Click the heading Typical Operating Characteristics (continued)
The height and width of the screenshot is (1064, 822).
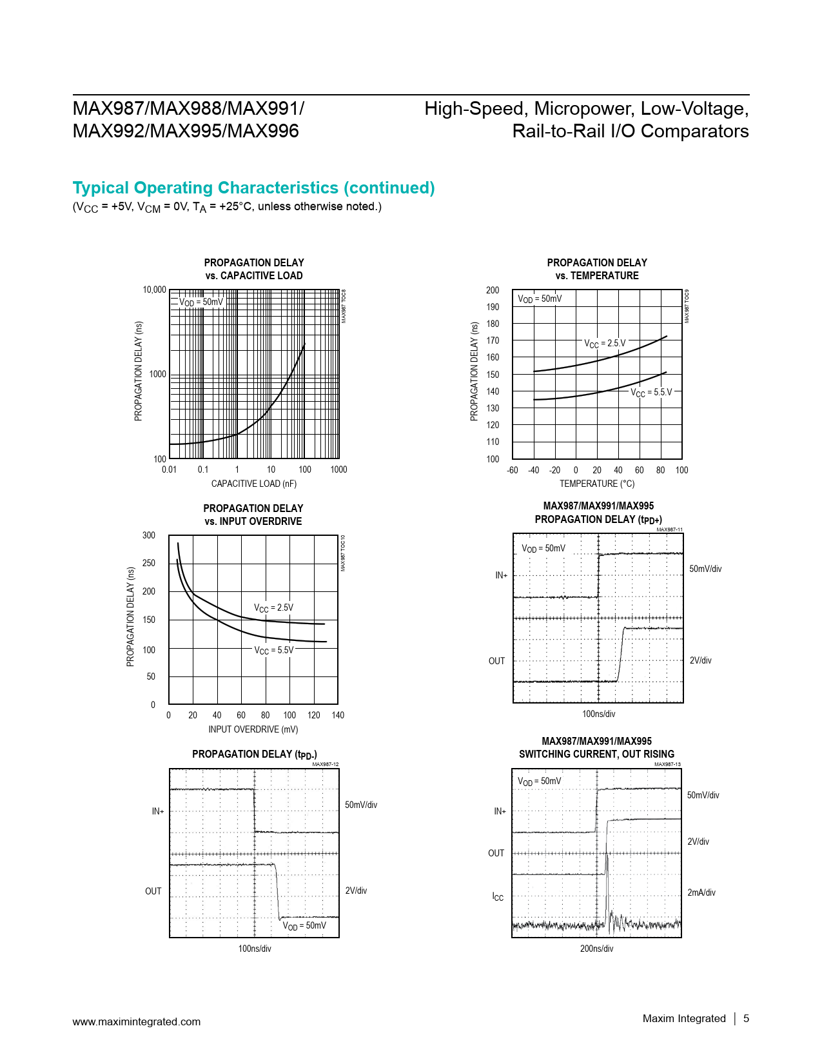coord(253,188)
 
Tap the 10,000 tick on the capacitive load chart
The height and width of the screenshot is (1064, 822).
coord(154,290)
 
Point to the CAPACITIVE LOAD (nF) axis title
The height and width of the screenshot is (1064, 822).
coord(254,484)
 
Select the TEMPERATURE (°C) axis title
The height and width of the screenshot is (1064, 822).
coord(596,484)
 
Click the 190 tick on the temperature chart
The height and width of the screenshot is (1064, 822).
coord(493,307)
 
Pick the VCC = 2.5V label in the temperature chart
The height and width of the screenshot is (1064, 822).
coord(605,344)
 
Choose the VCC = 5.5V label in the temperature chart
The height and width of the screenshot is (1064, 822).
coord(651,392)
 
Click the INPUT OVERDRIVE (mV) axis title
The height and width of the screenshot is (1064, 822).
coord(253,729)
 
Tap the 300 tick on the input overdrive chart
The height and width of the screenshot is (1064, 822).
coord(149,535)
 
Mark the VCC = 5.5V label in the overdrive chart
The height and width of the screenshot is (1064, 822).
coord(273,650)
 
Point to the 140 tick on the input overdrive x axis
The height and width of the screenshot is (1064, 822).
coord(338,715)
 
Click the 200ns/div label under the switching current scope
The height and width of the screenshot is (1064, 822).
coord(596,949)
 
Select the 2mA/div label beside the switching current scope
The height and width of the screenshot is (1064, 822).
coord(701,892)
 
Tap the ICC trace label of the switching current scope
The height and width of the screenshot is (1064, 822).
coord(498,897)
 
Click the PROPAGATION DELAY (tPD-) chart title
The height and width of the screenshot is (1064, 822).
coord(254,754)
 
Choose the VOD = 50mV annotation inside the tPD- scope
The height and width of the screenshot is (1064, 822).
coord(304,926)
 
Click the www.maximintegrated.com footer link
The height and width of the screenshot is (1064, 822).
coord(136,1021)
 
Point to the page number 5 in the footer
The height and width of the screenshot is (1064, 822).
coord(746,1018)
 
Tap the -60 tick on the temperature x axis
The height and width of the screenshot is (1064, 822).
coord(513,470)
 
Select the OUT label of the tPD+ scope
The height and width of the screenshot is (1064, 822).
coord(496,661)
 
